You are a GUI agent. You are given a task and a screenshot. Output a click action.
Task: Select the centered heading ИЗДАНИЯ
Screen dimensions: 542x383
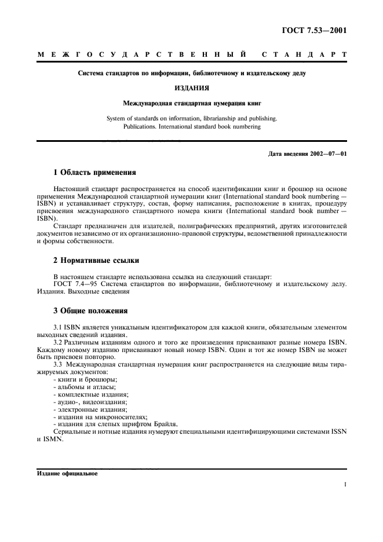(192, 89)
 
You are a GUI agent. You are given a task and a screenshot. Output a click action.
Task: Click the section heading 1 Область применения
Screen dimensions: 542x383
(94, 173)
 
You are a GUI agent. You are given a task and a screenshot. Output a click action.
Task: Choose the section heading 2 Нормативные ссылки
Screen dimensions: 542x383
(96, 261)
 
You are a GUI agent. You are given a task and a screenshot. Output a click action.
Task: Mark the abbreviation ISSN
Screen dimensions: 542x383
(338, 432)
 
